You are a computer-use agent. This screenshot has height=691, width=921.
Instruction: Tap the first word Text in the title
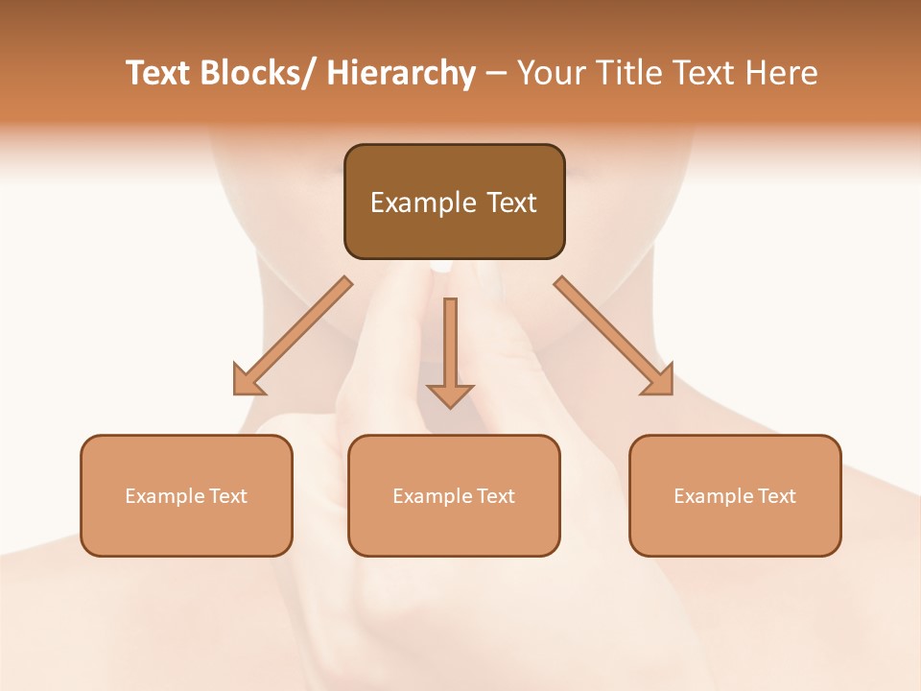coord(158,74)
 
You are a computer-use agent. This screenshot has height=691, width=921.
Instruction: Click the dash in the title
coord(496,75)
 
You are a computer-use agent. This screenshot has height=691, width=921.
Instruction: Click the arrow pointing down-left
coord(293,336)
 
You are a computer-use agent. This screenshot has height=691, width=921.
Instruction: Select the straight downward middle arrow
coord(450,350)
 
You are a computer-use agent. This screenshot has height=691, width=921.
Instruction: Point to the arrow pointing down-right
coord(614,336)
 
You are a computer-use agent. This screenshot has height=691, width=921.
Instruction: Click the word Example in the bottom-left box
coord(165,496)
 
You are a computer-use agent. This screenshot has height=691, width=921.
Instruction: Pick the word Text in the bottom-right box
coord(777,496)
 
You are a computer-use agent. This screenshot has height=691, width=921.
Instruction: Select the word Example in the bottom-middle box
coord(433,496)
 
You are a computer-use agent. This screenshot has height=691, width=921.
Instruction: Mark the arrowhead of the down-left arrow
coord(248,380)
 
